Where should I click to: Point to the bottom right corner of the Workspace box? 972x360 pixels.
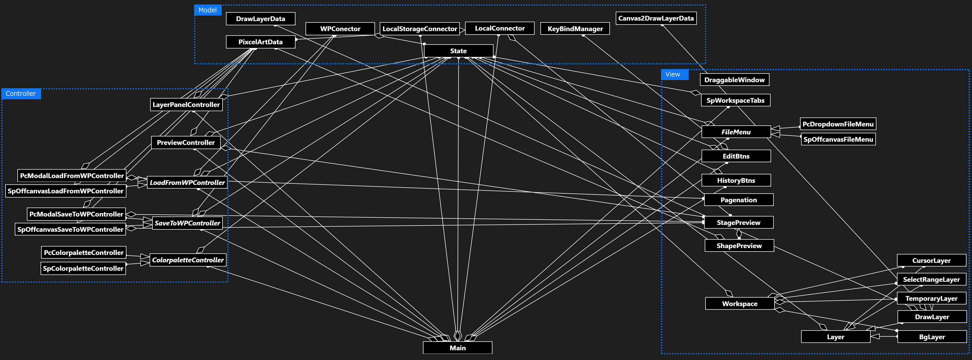click(x=774, y=309)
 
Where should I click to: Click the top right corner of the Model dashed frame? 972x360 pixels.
click(x=705, y=5)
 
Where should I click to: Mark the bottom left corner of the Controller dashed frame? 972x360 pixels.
click(x=2, y=282)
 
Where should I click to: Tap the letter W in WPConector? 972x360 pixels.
click(x=324, y=29)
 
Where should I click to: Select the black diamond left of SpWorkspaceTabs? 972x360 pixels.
click(x=696, y=93)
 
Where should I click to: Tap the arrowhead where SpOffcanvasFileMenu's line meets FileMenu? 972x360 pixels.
click(x=775, y=134)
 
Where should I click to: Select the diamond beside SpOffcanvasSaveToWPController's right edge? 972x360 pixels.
click(x=131, y=228)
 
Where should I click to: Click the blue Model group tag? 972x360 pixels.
click(x=208, y=10)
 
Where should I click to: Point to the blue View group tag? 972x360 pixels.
click(x=674, y=74)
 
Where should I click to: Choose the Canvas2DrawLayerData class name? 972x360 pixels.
click(x=656, y=18)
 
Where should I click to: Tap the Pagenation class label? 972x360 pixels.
click(x=738, y=200)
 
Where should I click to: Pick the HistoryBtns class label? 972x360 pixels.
click(x=736, y=180)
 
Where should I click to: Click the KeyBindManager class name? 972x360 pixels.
click(x=575, y=29)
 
